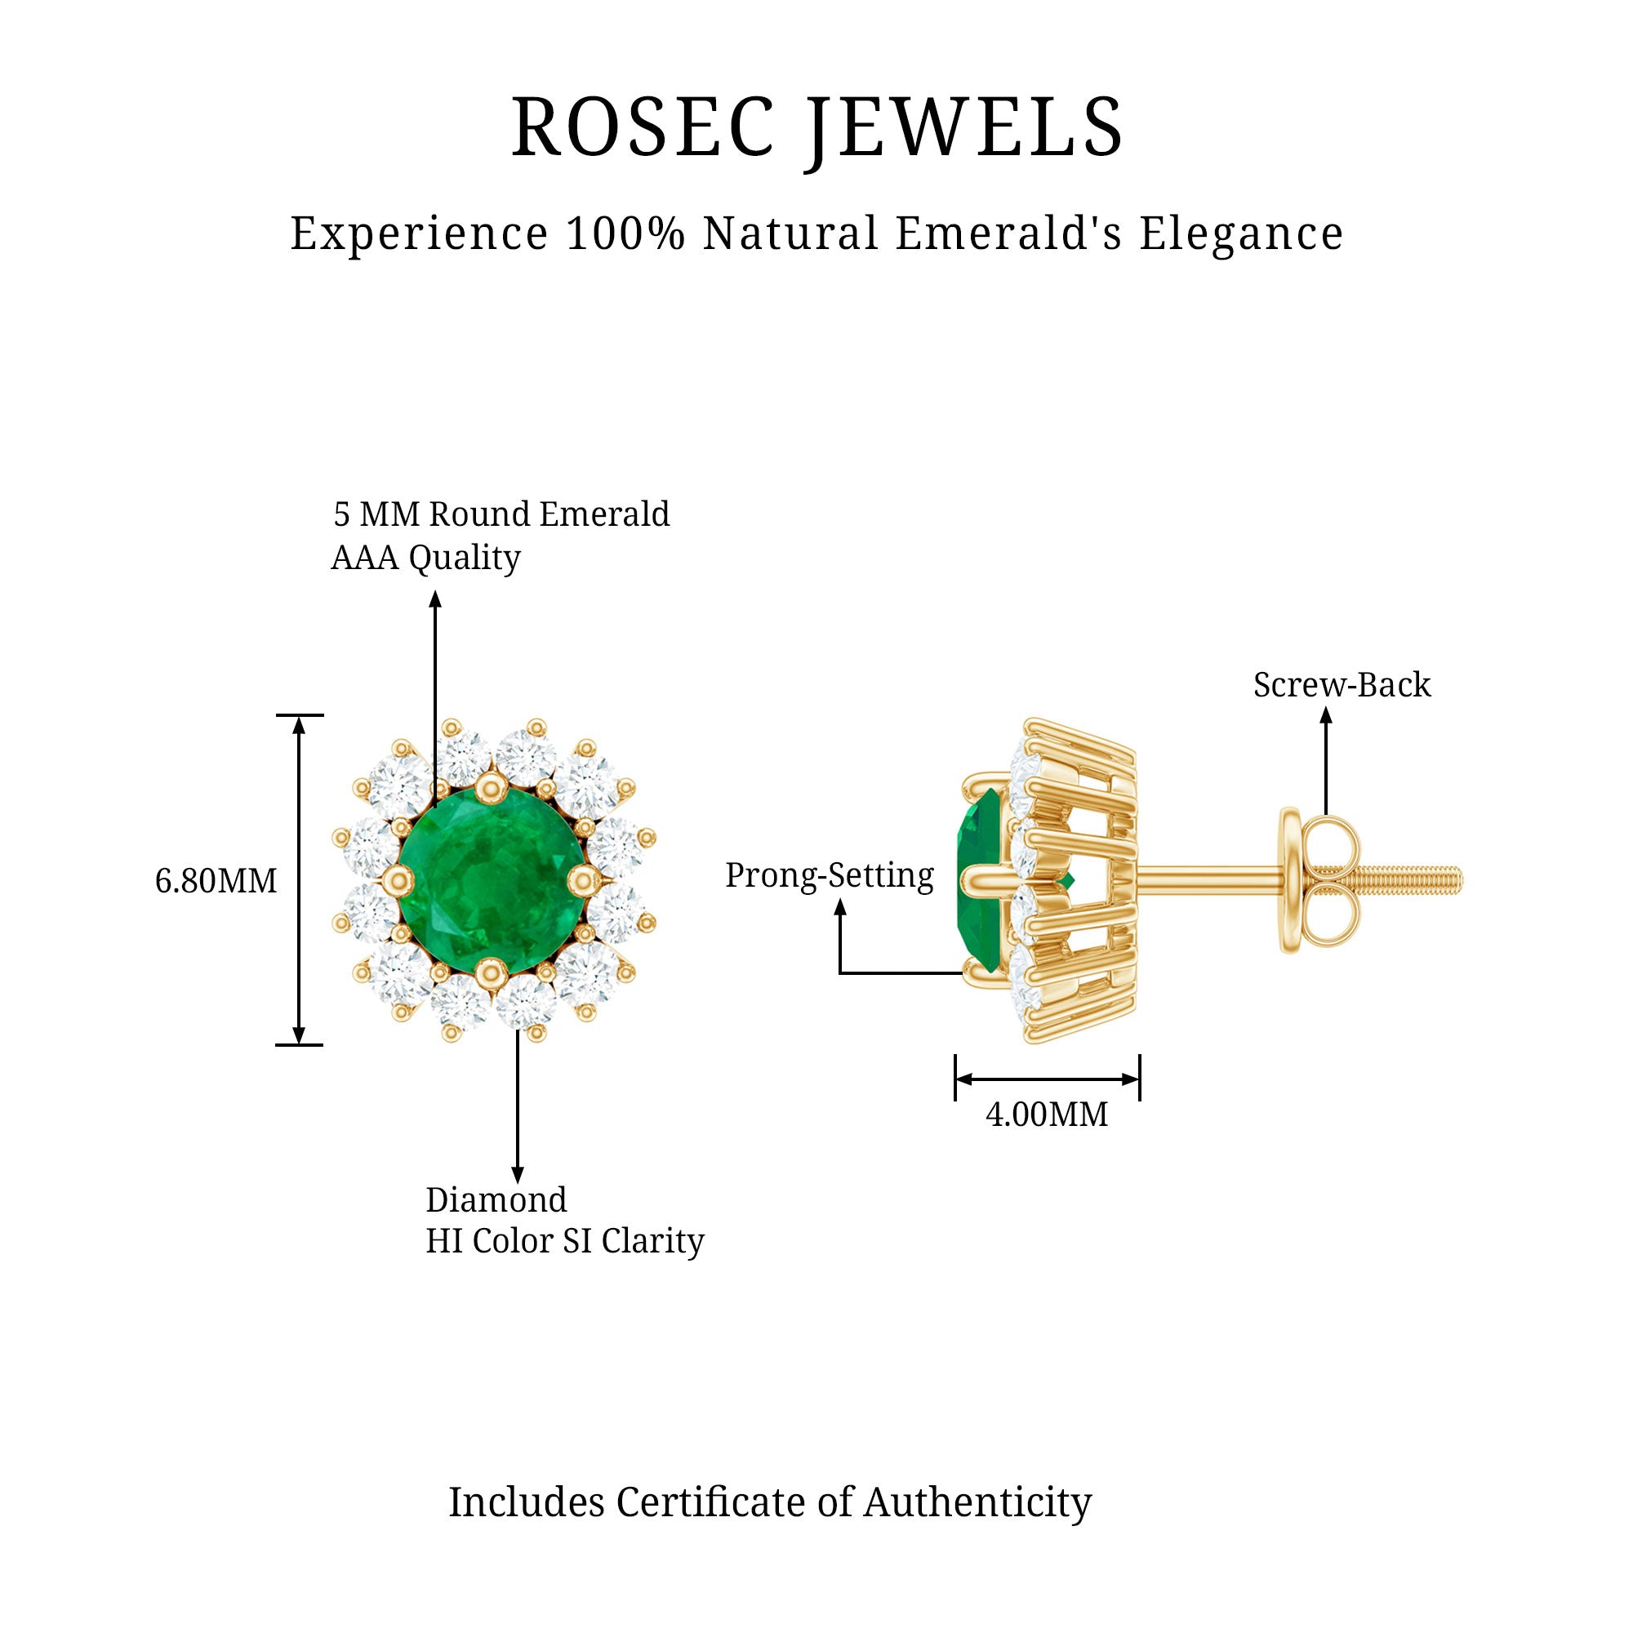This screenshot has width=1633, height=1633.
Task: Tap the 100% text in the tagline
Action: tap(625, 234)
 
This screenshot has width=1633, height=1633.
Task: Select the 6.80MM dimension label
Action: tap(216, 881)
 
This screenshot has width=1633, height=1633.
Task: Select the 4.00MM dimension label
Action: tap(1047, 1114)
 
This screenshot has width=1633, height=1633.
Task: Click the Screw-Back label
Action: tap(1342, 685)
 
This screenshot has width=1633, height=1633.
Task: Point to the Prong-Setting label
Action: tap(830, 874)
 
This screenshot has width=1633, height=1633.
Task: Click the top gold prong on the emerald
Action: tap(488, 787)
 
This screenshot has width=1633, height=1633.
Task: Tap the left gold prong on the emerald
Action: tap(394, 881)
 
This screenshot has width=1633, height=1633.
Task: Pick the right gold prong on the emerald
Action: tap(582, 881)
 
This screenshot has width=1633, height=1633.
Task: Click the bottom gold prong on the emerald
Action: tap(488, 972)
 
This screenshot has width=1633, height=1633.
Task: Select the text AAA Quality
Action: tap(425, 558)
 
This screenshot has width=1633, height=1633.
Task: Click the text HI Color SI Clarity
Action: tap(563, 1241)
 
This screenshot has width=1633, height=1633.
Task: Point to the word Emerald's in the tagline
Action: tap(1008, 234)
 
